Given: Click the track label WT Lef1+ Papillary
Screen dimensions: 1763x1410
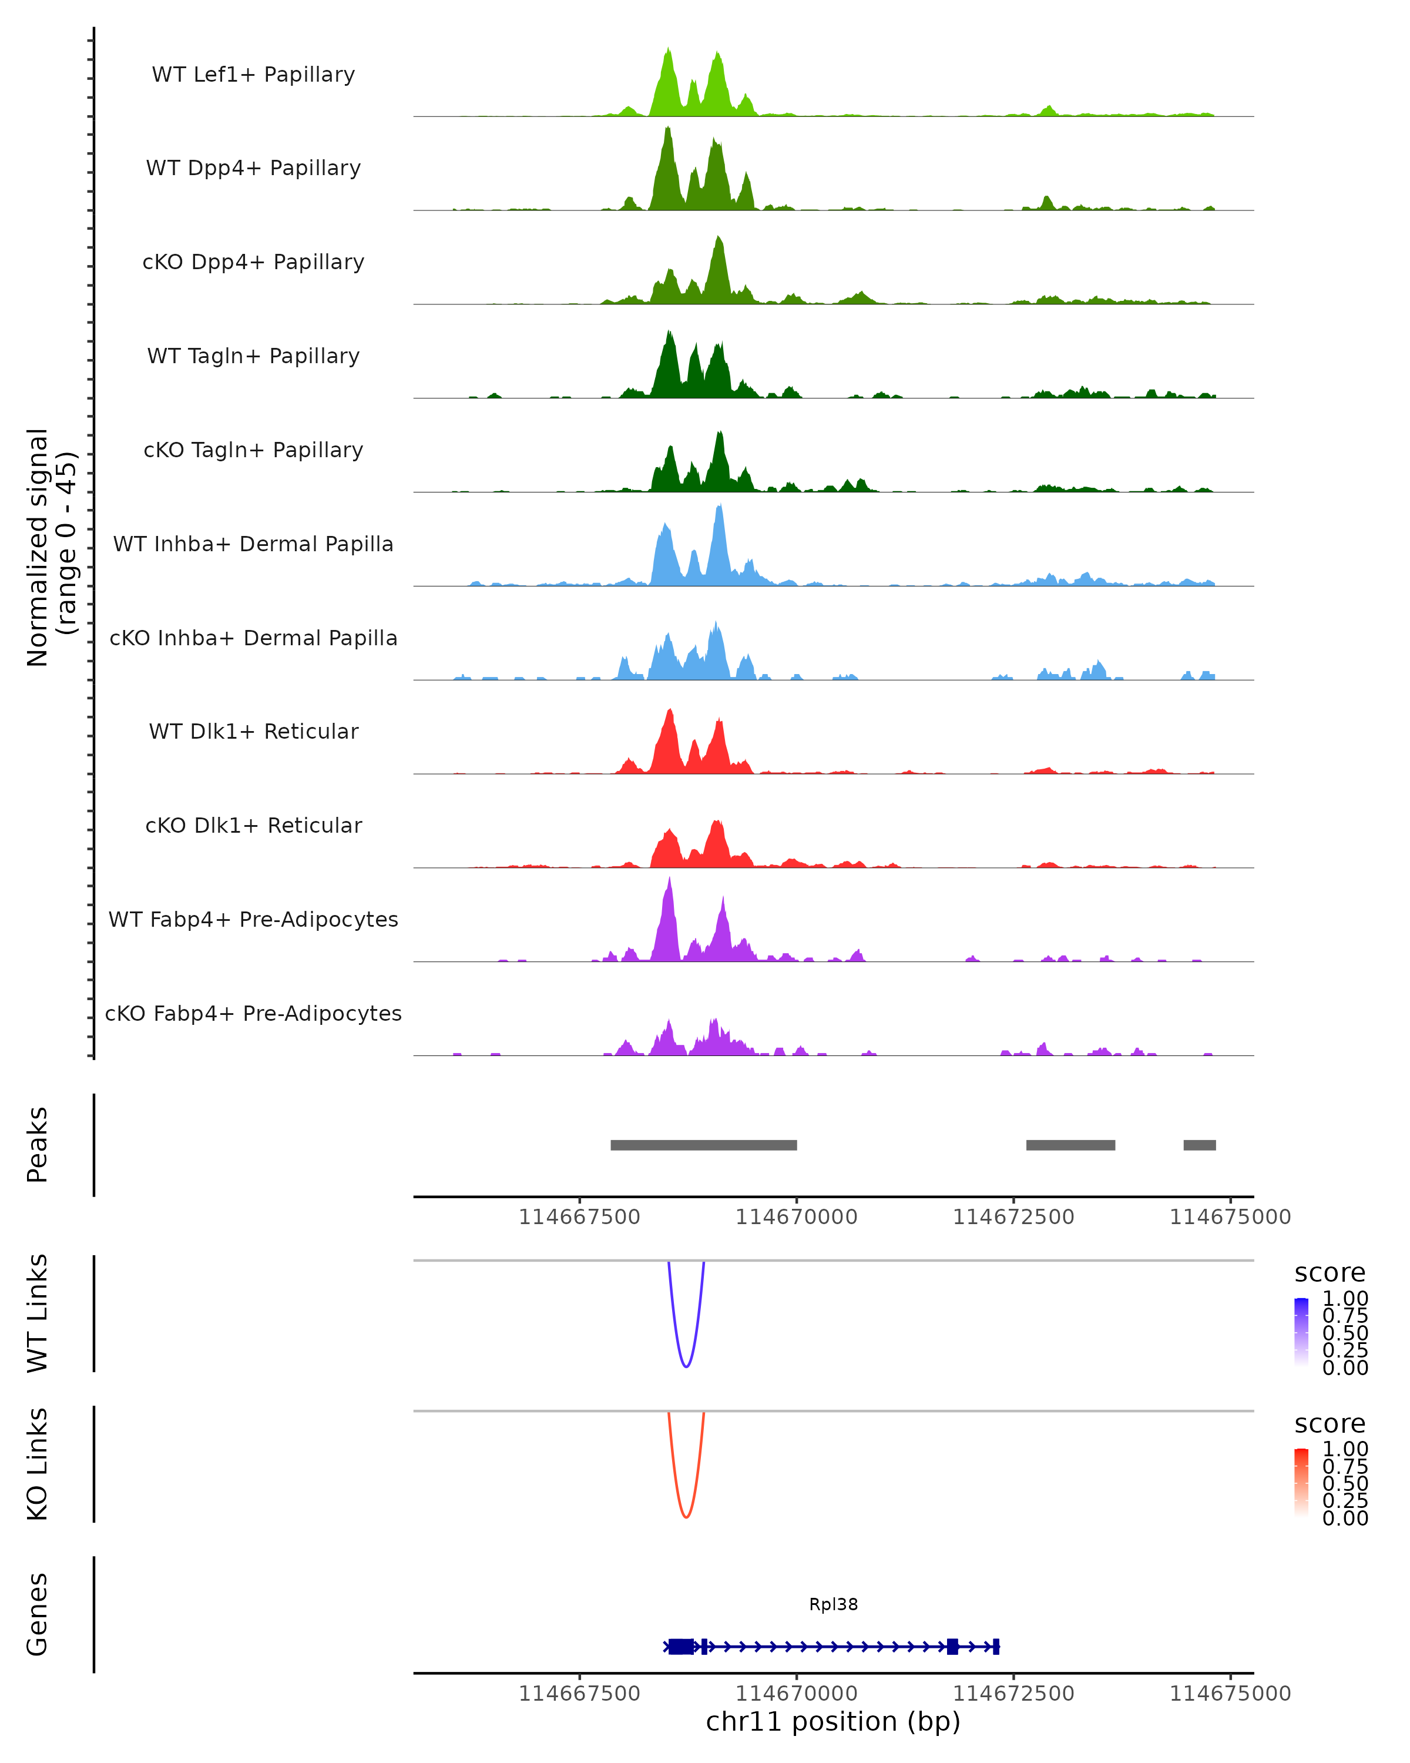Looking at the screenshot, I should [253, 75].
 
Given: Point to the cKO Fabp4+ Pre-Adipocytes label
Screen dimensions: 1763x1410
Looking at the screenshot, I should [253, 1013].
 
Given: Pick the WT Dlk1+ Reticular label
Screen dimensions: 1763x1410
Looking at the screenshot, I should [253, 731].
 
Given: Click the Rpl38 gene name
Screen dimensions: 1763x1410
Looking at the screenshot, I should [833, 1604].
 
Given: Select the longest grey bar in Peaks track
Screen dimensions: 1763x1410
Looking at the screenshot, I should [703, 1145].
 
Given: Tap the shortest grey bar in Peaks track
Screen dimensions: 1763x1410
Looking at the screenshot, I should [1199, 1145].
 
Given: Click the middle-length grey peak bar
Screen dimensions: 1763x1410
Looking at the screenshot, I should [1070, 1145].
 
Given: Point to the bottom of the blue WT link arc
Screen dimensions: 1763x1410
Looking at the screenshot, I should [686, 1366].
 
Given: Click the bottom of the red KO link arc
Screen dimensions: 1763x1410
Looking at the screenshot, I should [686, 1517].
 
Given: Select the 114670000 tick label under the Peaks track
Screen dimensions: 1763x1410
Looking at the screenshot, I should [796, 1217].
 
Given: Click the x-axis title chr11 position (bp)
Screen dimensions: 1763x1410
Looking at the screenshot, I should [833, 1722].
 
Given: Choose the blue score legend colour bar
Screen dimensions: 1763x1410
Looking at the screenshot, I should [1301, 1332].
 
